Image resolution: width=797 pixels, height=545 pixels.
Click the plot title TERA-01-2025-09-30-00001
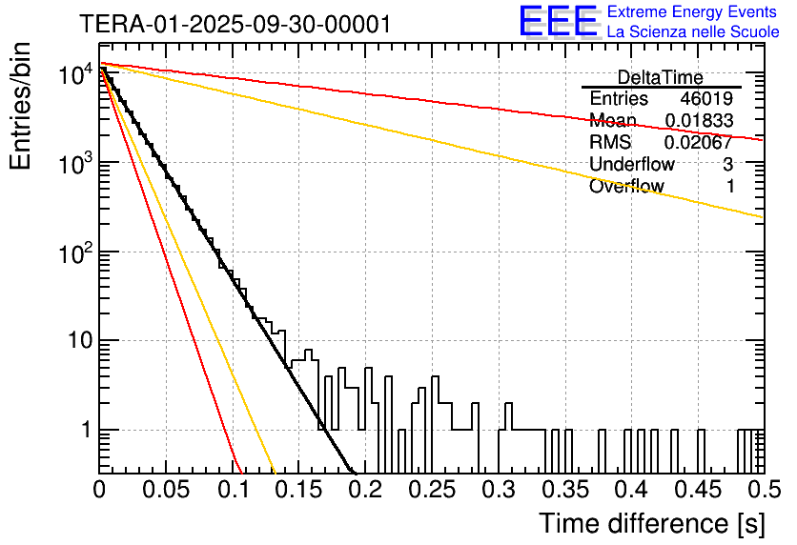pos(235,25)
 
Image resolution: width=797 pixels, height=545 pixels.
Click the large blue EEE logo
pos(558,22)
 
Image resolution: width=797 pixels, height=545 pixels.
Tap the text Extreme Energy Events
pos(693,12)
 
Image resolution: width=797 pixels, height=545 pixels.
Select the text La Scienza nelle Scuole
pos(693,31)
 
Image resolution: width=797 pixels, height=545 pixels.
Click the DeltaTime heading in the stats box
pos(661,77)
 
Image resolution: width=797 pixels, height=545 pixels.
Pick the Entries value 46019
pos(706,99)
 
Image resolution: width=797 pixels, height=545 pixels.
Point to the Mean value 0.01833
pos(699,121)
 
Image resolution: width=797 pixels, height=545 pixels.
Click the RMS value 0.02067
pos(699,143)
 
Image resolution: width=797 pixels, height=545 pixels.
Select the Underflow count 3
pos(728,165)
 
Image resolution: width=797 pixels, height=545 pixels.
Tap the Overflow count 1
pos(730,187)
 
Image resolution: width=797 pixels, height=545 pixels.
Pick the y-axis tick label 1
pos(84,431)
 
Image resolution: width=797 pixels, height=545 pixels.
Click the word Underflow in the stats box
pos(632,165)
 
